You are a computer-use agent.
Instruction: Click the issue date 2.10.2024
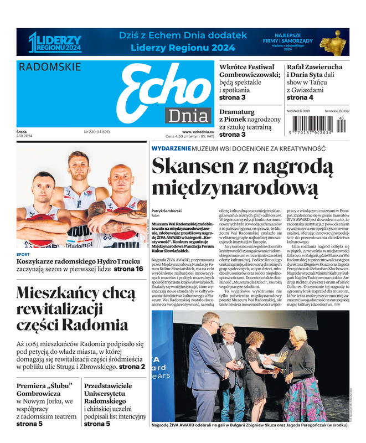pyautogui.click(x=25, y=136)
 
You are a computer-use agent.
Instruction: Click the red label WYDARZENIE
pyautogui.click(x=172, y=149)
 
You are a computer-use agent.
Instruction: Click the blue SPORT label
pyautogui.click(x=23, y=255)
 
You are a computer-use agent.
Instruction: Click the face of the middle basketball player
pyautogui.click(x=78, y=164)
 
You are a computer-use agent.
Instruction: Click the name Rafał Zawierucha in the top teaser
pyautogui.click(x=315, y=67)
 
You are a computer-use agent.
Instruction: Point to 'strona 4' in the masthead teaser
pyautogui.click(x=300, y=97)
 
